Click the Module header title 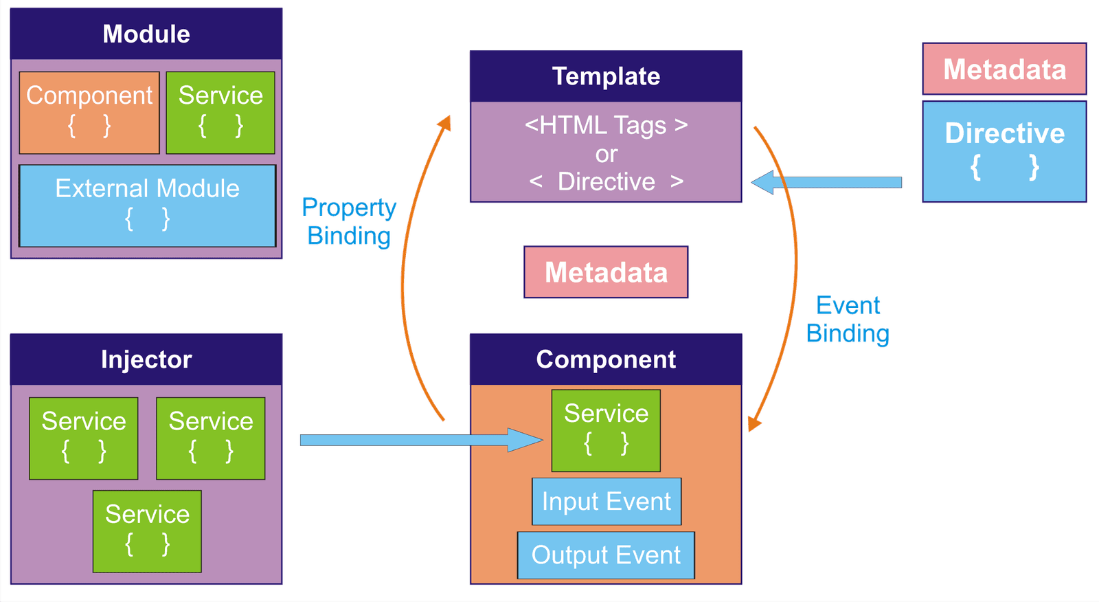pyautogui.click(x=146, y=34)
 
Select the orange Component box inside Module pyautogui.click(x=89, y=113)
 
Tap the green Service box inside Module pyautogui.click(x=220, y=113)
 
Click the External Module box pyautogui.click(x=147, y=205)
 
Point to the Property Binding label pyautogui.click(x=349, y=221)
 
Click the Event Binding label pyautogui.click(x=848, y=319)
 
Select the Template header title pyautogui.click(x=606, y=76)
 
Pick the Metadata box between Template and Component pyautogui.click(x=606, y=272)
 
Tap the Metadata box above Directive pyautogui.click(x=1004, y=69)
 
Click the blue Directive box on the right pyautogui.click(x=1004, y=151)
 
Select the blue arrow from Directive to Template pyautogui.click(x=826, y=182)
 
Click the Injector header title pyautogui.click(x=146, y=359)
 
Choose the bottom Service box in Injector pyautogui.click(x=147, y=531)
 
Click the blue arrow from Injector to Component pyautogui.click(x=422, y=440)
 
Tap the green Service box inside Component pyautogui.click(x=606, y=431)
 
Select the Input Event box pyautogui.click(x=607, y=502)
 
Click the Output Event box pyautogui.click(x=606, y=555)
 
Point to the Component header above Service pyautogui.click(x=606, y=359)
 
